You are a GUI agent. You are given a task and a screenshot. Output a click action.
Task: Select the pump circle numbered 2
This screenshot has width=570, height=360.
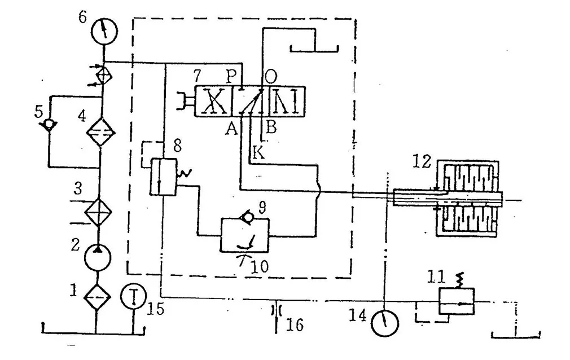pyautogui.click(x=98, y=257)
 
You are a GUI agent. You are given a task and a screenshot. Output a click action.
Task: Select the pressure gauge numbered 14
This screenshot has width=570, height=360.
pyautogui.click(x=385, y=323)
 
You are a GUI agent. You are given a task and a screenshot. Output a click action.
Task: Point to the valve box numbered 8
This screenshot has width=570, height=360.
pyautogui.click(x=163, y=178)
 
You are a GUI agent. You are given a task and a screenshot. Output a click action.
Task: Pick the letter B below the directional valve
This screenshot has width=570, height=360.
pyautogui.click(x=271, y=128)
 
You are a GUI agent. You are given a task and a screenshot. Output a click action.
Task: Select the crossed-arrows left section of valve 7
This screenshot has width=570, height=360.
pyautogui.click(x=213, y=102)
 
